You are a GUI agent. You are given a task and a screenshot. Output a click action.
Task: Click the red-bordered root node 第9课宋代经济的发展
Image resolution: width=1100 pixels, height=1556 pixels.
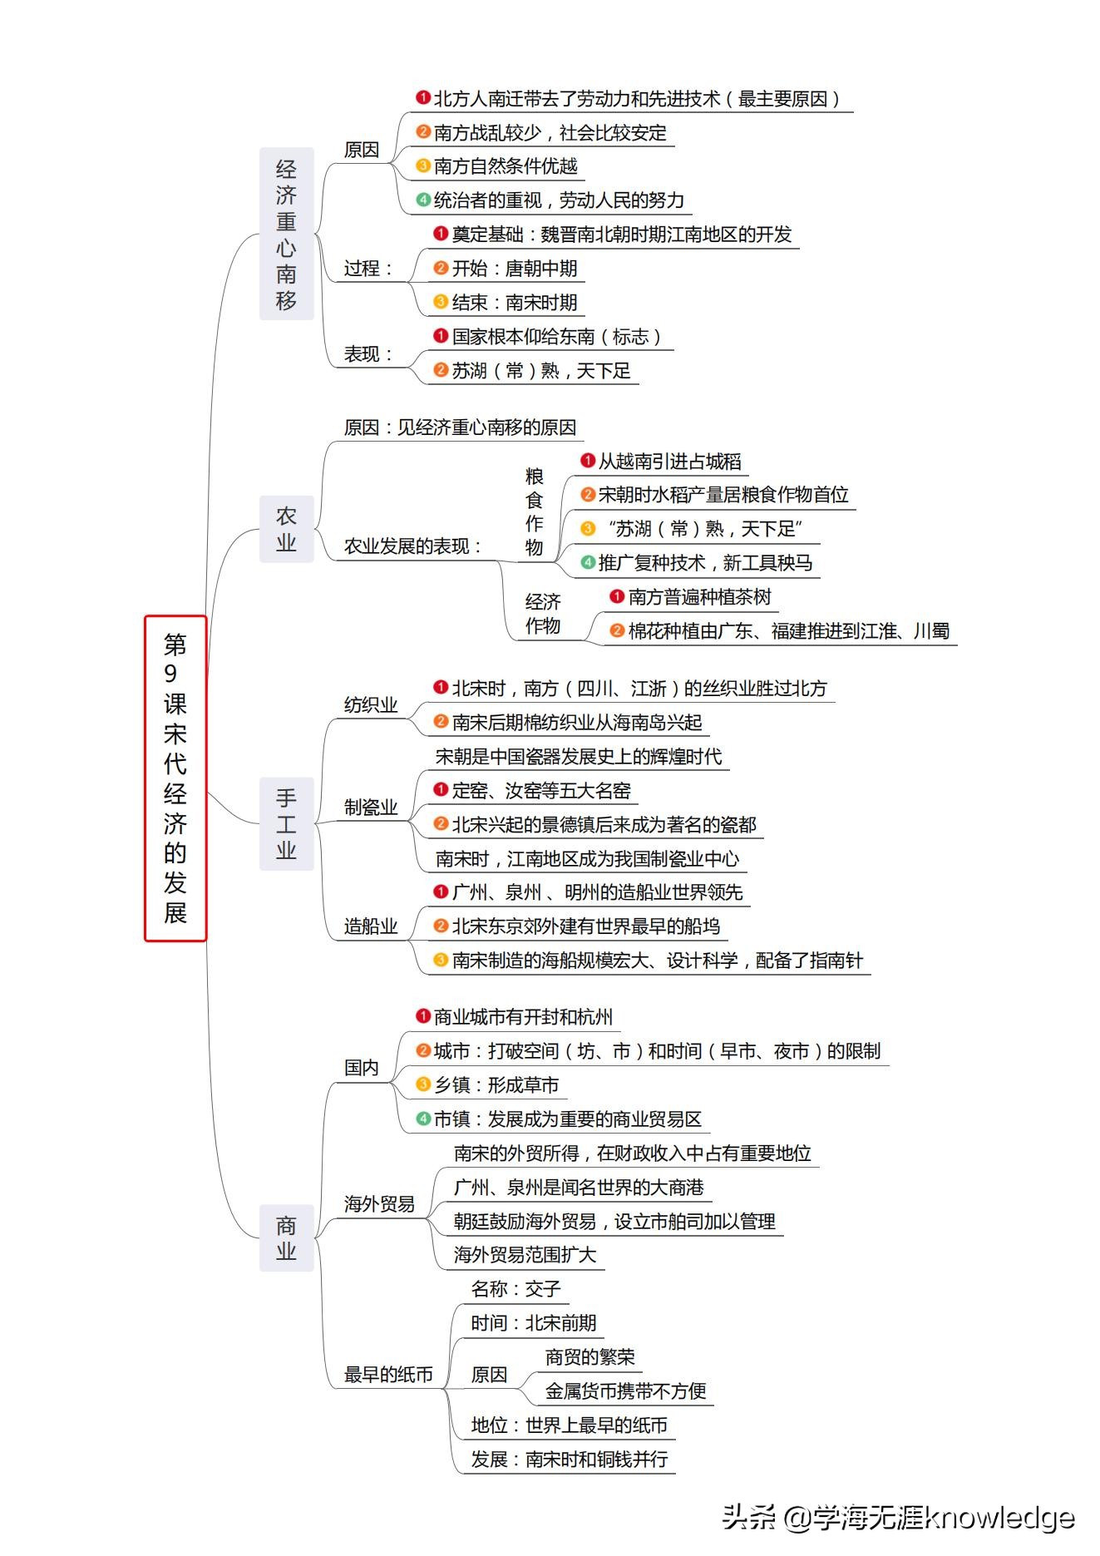(x=175, y=778)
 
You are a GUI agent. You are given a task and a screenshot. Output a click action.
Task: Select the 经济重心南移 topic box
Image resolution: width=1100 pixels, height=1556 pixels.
(x=287, y=234)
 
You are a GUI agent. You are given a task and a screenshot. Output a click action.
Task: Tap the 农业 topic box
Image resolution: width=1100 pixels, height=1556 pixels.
(x=287, y=529)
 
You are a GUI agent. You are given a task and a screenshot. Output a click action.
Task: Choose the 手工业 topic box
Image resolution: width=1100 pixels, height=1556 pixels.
(x=287, y=824)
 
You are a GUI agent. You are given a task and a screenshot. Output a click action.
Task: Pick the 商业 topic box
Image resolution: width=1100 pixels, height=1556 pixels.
(x=287, y=1237)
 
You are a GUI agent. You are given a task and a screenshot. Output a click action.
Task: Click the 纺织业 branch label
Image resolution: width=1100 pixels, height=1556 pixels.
(x=371, y=705)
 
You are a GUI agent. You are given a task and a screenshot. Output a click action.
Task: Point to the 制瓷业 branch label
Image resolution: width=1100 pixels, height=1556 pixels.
(x=371, y=808)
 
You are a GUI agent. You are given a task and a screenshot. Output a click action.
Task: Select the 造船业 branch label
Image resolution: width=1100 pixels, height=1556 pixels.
(x=371, y=926)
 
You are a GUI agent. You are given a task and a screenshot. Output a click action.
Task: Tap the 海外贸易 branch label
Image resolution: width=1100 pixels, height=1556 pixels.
(x=379, y=1204)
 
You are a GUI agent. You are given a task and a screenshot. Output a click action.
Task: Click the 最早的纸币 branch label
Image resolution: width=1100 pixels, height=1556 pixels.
(x=388, y=1375)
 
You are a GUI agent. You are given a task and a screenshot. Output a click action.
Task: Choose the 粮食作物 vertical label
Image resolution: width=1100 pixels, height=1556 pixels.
(x=535, y=511)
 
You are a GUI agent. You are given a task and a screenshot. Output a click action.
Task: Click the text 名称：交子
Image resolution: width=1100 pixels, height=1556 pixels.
(x=515, y=1289)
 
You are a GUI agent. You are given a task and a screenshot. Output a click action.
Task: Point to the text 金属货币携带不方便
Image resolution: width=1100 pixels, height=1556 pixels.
(x=625, y=1391)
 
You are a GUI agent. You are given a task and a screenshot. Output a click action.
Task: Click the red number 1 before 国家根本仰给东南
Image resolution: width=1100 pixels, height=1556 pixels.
(x=441, y=336)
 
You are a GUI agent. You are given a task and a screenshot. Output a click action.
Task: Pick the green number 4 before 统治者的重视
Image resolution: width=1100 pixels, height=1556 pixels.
(x=423, y=200)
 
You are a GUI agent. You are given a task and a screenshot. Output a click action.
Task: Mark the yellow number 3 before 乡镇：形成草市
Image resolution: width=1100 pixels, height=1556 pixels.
(x=423, y=1084)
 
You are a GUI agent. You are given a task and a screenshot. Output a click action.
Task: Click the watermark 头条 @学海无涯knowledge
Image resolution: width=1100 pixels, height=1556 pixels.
(x=898, y=1518)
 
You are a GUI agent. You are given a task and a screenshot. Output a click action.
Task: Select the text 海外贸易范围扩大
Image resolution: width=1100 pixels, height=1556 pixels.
(x=525, y=1255)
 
